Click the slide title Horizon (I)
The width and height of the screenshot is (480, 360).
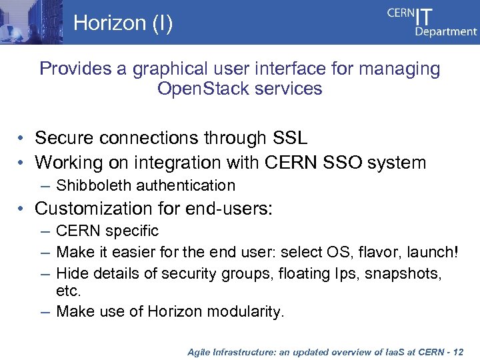coord(123,23)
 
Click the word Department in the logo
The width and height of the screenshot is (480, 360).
coord(446,32)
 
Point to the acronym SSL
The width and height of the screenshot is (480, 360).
coord(291,138)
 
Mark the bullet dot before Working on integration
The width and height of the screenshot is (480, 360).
coord(22,162)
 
